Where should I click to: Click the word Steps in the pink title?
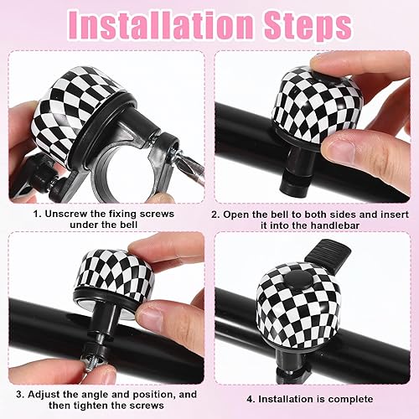pos(308,26)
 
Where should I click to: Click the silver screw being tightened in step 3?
pos(91,363)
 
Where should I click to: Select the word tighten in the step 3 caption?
pos(93,405)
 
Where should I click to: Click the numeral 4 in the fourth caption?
pos(250,399)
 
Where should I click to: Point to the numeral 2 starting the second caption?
pos(215,215)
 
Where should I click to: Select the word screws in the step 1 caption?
pos(157,215)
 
